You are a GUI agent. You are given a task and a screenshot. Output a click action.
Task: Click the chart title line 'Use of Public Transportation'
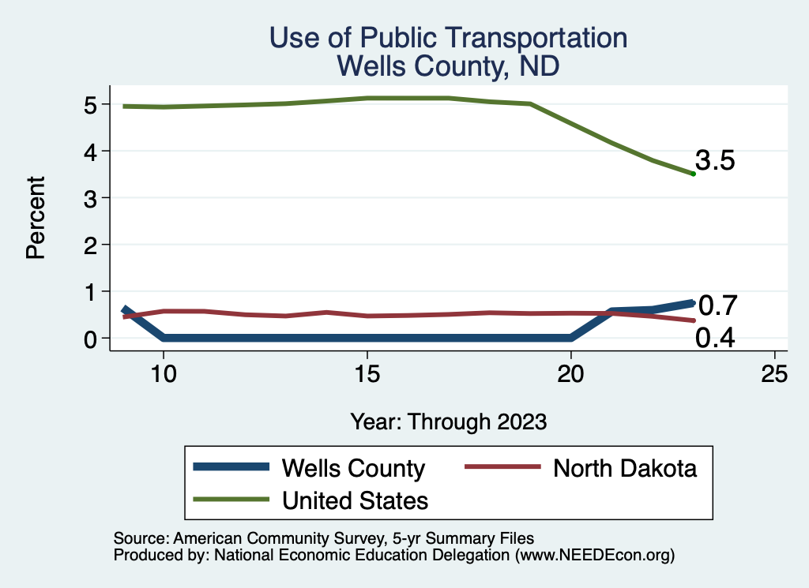(448, 38)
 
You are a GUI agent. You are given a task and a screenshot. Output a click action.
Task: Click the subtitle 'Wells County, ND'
(448, 66)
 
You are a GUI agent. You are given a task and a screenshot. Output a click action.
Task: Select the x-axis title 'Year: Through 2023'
(448, 421)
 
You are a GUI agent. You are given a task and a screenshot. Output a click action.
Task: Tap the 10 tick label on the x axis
(163, 374)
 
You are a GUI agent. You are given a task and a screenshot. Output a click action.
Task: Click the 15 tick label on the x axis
(367, 374)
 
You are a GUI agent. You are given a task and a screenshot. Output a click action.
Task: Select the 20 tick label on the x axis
(570, 374)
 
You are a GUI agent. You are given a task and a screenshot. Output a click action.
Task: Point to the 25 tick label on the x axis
(774, 374)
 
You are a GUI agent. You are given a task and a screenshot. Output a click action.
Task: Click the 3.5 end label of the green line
(715, 161)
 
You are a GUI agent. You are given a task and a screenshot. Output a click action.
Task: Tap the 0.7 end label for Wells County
(718, 305)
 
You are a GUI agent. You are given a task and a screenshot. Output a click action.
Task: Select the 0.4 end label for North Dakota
(715, 339)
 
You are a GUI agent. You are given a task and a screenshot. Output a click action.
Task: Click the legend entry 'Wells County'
(353, 468)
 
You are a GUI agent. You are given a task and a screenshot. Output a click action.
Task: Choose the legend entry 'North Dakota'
(624, 468)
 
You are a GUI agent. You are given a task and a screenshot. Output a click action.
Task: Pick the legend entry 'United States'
(355, 500)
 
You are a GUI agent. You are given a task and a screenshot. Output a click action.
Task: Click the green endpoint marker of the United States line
(693, 174)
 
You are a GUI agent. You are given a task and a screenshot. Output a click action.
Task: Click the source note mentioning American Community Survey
(324, 538)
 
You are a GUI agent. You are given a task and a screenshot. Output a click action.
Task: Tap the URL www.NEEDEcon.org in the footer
(592, 555)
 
